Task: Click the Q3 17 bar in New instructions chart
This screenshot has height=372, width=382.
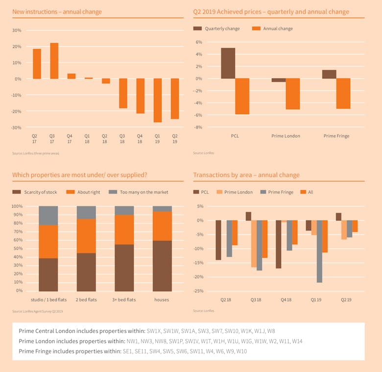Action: [x=54, y=61]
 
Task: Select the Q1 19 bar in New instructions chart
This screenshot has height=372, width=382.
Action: [x=158, y=100]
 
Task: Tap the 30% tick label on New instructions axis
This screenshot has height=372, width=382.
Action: [x=17, y=30]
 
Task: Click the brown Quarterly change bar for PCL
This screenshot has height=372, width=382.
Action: [x=228, y=63]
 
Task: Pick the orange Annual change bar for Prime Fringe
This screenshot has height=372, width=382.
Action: [x=343, y=93]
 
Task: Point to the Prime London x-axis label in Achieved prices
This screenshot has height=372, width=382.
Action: [x=286, y=136]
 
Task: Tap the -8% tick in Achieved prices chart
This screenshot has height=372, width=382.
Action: [x=199, y=127]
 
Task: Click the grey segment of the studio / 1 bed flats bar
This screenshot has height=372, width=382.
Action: [x=48, y=216]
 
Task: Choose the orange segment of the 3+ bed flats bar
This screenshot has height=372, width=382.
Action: [x=124, y=229]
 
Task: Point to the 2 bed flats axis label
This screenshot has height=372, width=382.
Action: [x=86, y=299]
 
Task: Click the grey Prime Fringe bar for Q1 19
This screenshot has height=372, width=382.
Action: [x=319, y=251]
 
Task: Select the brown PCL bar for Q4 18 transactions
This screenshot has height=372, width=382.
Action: [x=278, y=244]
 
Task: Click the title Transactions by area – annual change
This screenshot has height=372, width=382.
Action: [x=246, y=175]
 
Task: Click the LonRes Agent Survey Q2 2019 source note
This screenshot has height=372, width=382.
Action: [x=38, y=311]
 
